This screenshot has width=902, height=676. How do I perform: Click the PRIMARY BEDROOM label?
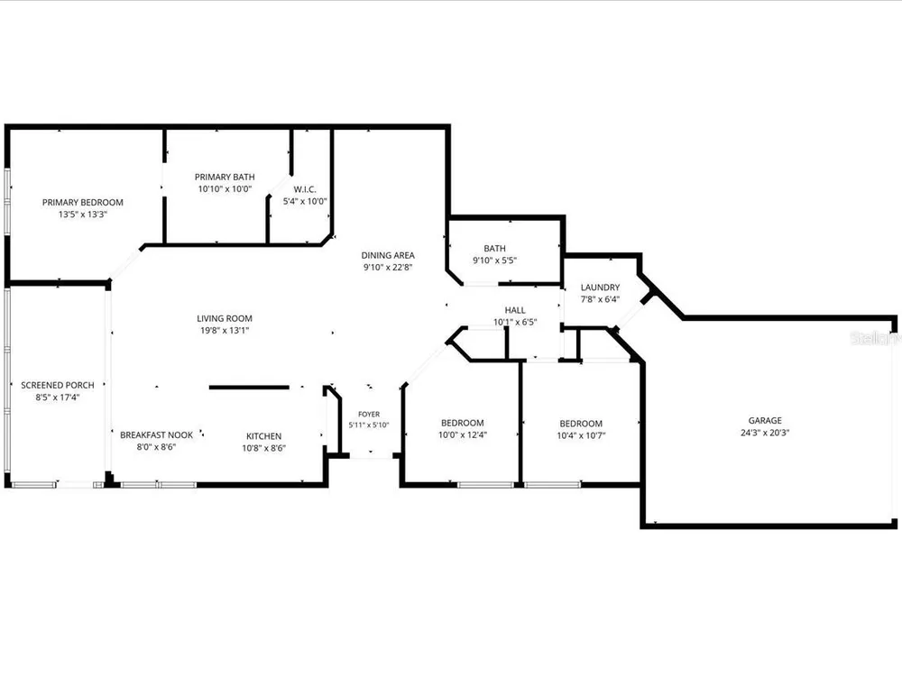pos(83,202)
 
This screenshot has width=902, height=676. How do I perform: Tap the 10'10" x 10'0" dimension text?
pos(225,188)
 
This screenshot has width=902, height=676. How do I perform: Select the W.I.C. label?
pos(305,189)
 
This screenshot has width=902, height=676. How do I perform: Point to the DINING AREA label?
pos(388,255)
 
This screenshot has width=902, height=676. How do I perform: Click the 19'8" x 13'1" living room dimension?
pos(225,331)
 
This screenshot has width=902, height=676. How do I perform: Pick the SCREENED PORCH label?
pos(58,385)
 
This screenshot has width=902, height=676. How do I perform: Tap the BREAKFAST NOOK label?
pos(156,435)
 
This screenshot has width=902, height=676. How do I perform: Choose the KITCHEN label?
pos(264,436)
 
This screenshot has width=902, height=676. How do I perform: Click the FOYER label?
pos(369,414)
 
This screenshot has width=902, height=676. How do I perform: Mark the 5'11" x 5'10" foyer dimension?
pos(369,425)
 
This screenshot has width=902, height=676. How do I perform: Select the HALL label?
pos(515,310)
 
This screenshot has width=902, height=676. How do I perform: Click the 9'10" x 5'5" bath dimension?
pos(494,260)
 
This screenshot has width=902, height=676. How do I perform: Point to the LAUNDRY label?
pos(600,288)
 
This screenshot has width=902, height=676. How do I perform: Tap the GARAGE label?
pos(765,421)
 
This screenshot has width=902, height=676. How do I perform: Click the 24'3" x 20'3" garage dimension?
pos(765,433)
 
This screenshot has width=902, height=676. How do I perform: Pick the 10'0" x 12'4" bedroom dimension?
pos(463,435)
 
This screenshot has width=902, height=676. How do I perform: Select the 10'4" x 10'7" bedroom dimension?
pos(581,435)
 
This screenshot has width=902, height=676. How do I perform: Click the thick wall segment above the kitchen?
pos(249,388)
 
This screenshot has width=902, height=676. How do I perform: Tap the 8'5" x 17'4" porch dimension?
pos(58,397)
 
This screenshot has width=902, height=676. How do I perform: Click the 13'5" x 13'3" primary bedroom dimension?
pos(83,215)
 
